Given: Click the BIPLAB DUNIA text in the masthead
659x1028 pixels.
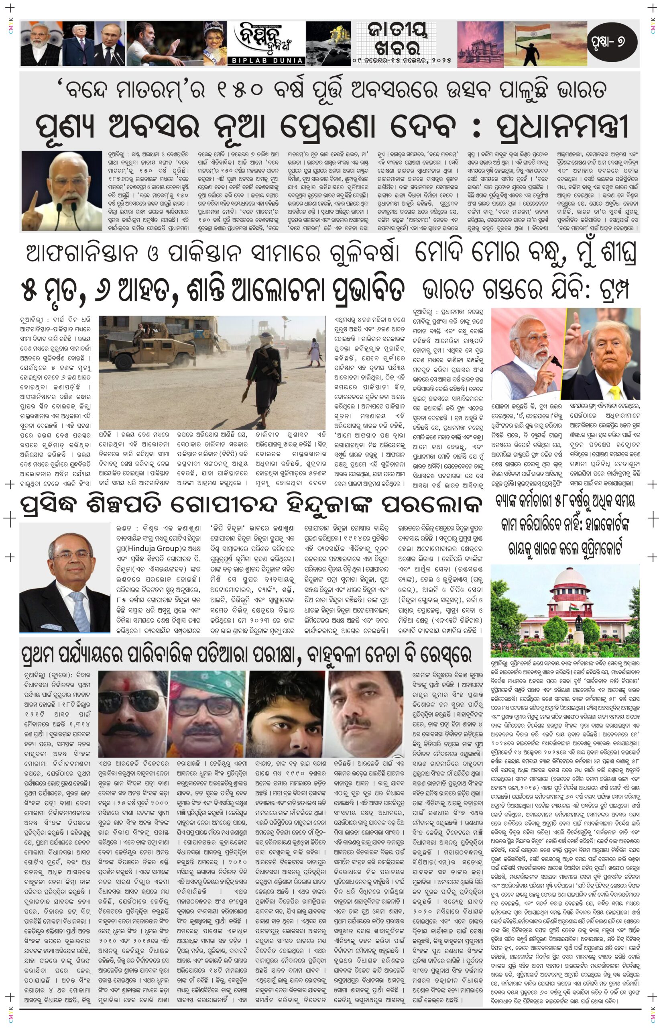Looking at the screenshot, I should tap(266, 60).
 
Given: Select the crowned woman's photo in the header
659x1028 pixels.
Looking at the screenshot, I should tap(214, 43).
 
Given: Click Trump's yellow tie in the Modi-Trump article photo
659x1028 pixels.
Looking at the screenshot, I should tap(615, 392).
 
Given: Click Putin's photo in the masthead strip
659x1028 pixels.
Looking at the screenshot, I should tap(110, 43).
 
